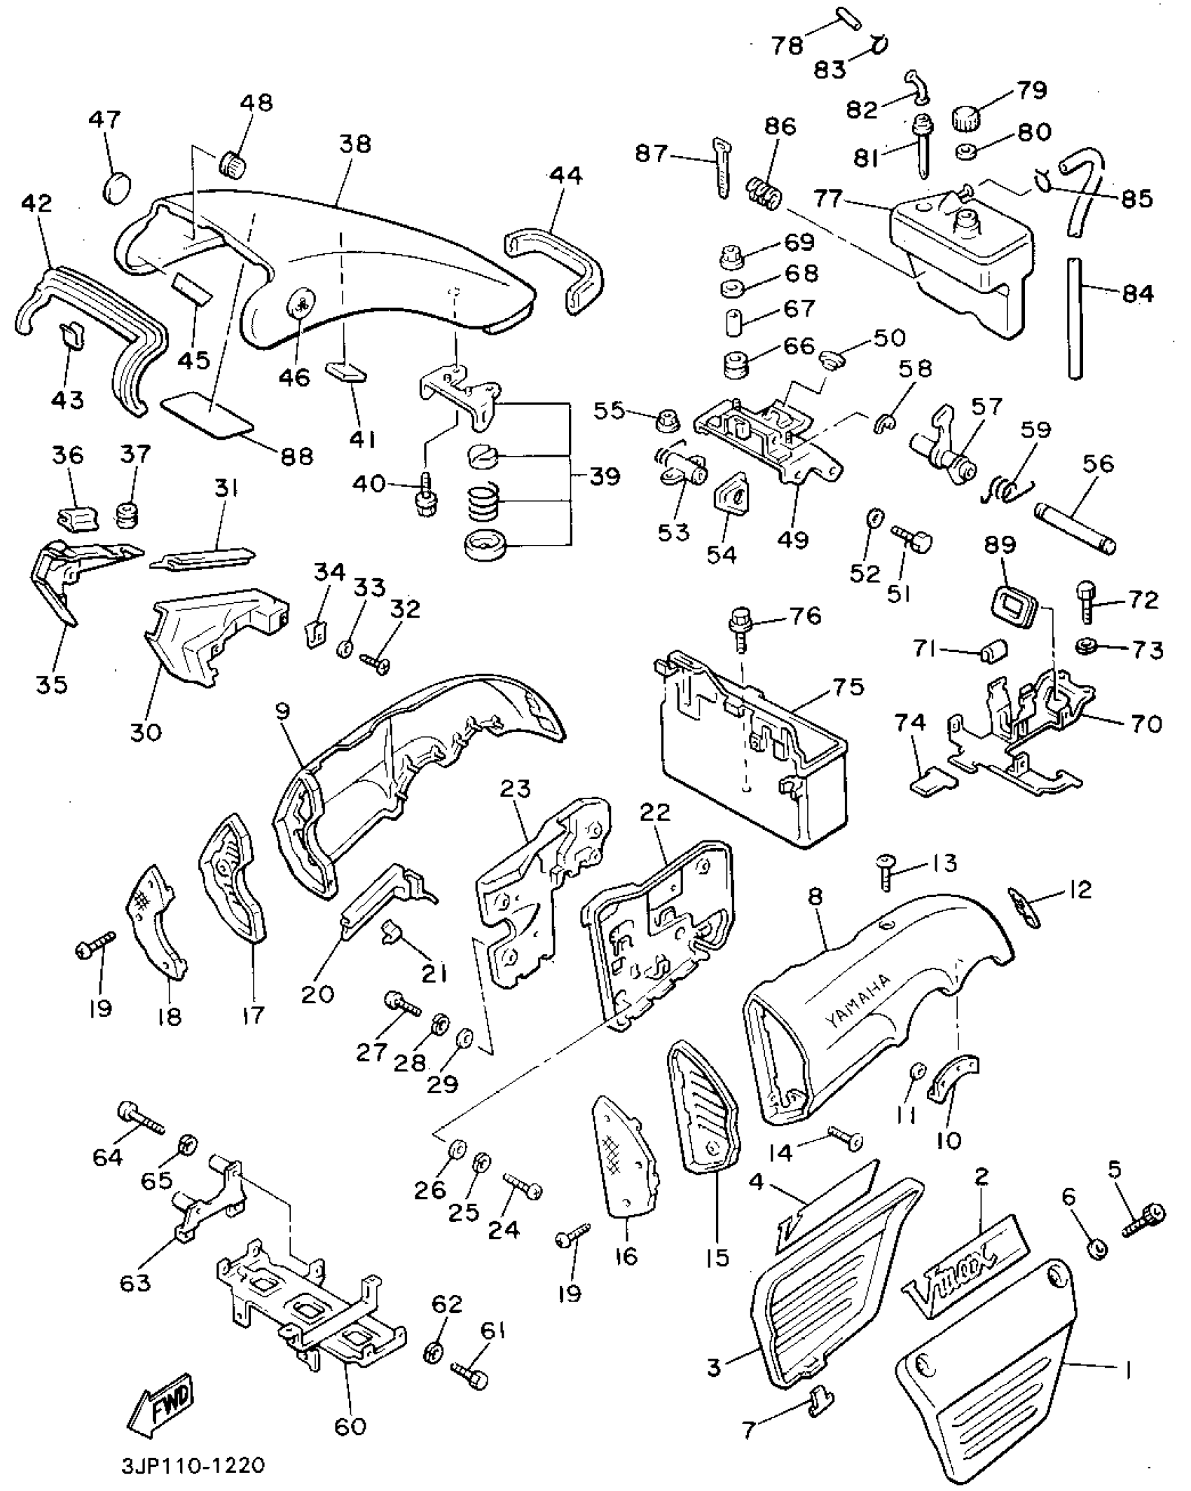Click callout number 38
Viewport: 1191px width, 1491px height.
point(355,144)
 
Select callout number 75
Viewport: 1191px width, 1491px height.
point(848,687)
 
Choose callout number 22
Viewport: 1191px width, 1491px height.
point(655,812)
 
